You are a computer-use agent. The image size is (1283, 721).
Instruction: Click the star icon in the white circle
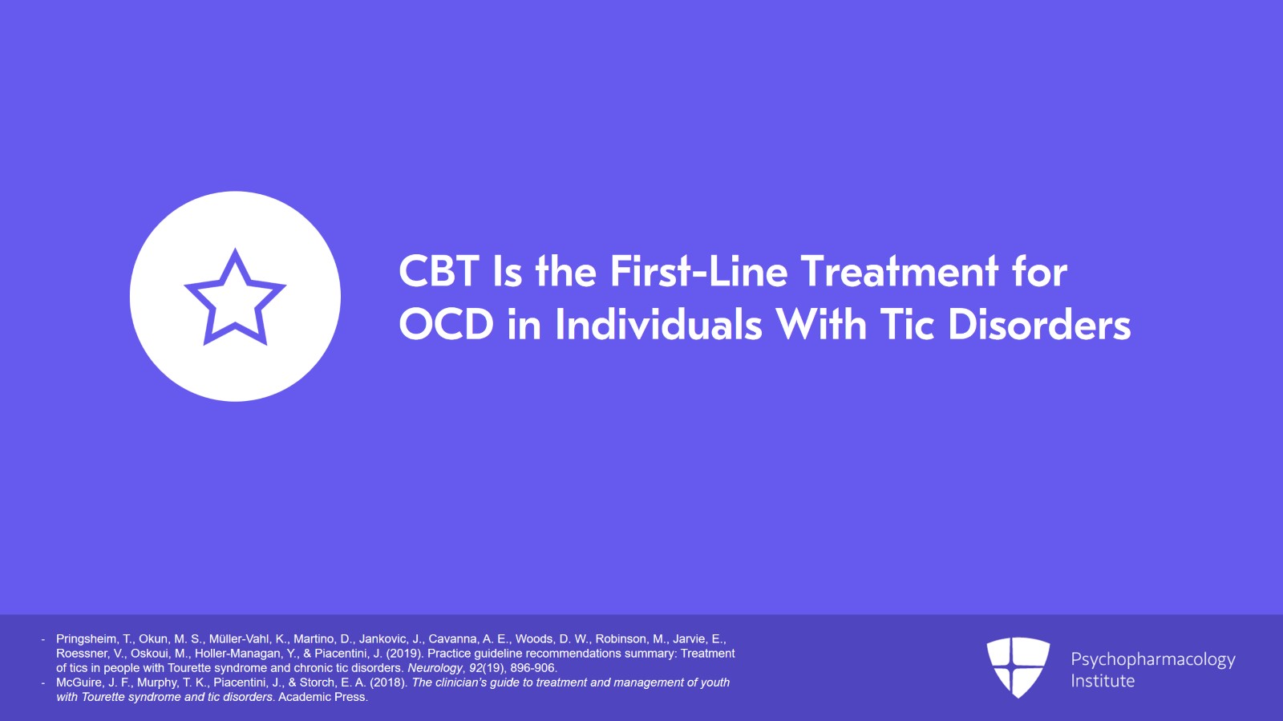point(235,297)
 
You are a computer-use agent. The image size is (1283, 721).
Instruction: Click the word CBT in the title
point(439,272)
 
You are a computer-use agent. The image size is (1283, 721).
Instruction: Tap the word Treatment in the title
point(900,272)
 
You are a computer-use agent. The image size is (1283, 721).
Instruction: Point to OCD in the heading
point(446,326)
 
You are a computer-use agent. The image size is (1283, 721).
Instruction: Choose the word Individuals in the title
point(658,326)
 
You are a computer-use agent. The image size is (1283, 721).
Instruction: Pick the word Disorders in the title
point(1039,326)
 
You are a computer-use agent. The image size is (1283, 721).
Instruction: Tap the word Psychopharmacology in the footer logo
point(1152,659)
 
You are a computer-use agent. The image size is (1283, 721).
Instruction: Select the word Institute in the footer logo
point(1103,681)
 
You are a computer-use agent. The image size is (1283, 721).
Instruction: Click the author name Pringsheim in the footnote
point(86,639)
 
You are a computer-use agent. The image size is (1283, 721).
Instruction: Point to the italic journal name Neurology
point(435,668)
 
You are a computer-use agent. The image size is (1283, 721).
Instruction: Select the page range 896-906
point(532,668)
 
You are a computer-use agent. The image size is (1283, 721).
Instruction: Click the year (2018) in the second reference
point(388,683)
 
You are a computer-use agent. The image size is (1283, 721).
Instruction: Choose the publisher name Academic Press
point(322,697)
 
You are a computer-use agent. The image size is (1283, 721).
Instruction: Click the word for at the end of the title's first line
point(1039,272)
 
